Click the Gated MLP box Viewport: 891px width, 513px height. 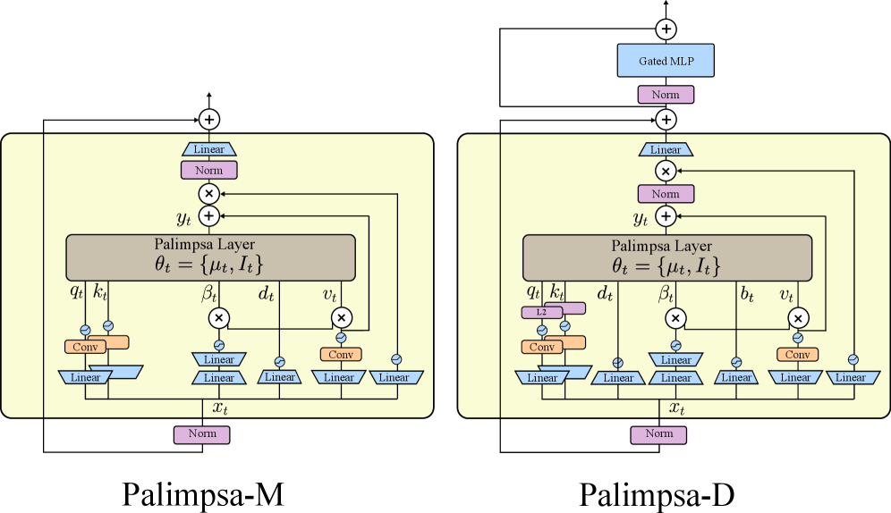(666, 61)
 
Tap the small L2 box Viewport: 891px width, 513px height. (541, 313)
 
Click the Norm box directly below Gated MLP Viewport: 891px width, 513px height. (666, 95)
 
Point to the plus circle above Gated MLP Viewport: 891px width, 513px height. (666, 29)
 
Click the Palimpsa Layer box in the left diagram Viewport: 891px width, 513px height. (210, 257)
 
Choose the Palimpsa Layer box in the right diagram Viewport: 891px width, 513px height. (666, 257)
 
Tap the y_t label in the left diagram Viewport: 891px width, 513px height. (185, 216)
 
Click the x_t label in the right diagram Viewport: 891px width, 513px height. (677, 408)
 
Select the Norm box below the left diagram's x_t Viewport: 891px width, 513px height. (202, 434)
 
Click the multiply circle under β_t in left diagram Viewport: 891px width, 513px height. (219, 317)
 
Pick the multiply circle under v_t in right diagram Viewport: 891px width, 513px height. (797, 317)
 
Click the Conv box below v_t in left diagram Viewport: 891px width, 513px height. (341, 355)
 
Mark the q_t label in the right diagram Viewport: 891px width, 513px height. (533, 292)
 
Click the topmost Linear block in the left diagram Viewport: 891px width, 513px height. (209, 149)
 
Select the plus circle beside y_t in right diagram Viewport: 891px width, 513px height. (666, 215)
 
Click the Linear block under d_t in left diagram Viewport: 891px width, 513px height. (279, 377)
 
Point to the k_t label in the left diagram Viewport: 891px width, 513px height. (100, 292)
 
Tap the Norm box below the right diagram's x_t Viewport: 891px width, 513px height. (658, 434)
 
